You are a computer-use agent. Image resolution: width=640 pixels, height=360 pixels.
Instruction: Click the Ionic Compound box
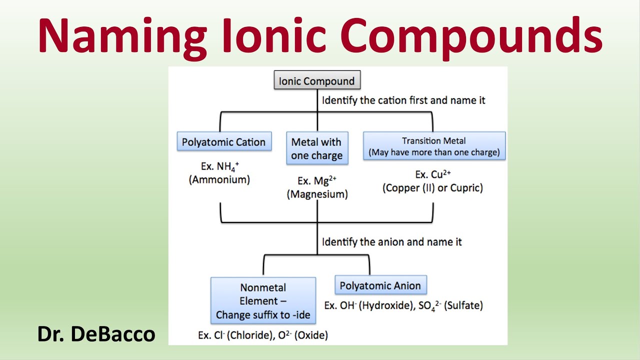(x=316, y=81)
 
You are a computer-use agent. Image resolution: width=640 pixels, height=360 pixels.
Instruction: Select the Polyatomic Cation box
(x=223, y=142)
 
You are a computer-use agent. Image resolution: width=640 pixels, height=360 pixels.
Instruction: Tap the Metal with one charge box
(x=317, y=148)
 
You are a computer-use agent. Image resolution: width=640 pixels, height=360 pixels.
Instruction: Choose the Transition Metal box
(x=434, y=146)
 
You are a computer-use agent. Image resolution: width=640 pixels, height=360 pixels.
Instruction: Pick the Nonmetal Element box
(x=263, y=301)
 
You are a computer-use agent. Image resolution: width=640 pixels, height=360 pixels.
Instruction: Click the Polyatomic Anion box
(x=380, y=286)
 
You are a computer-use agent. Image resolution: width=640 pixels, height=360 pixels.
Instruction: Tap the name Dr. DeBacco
(x=96, y=334)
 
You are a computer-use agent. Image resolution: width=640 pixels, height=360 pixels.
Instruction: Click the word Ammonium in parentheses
(x=219, y=179)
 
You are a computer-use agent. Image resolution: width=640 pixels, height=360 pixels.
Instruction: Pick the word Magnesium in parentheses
(x=317, y=194)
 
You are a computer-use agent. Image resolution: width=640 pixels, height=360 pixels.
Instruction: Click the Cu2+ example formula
(x=442, y=174)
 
